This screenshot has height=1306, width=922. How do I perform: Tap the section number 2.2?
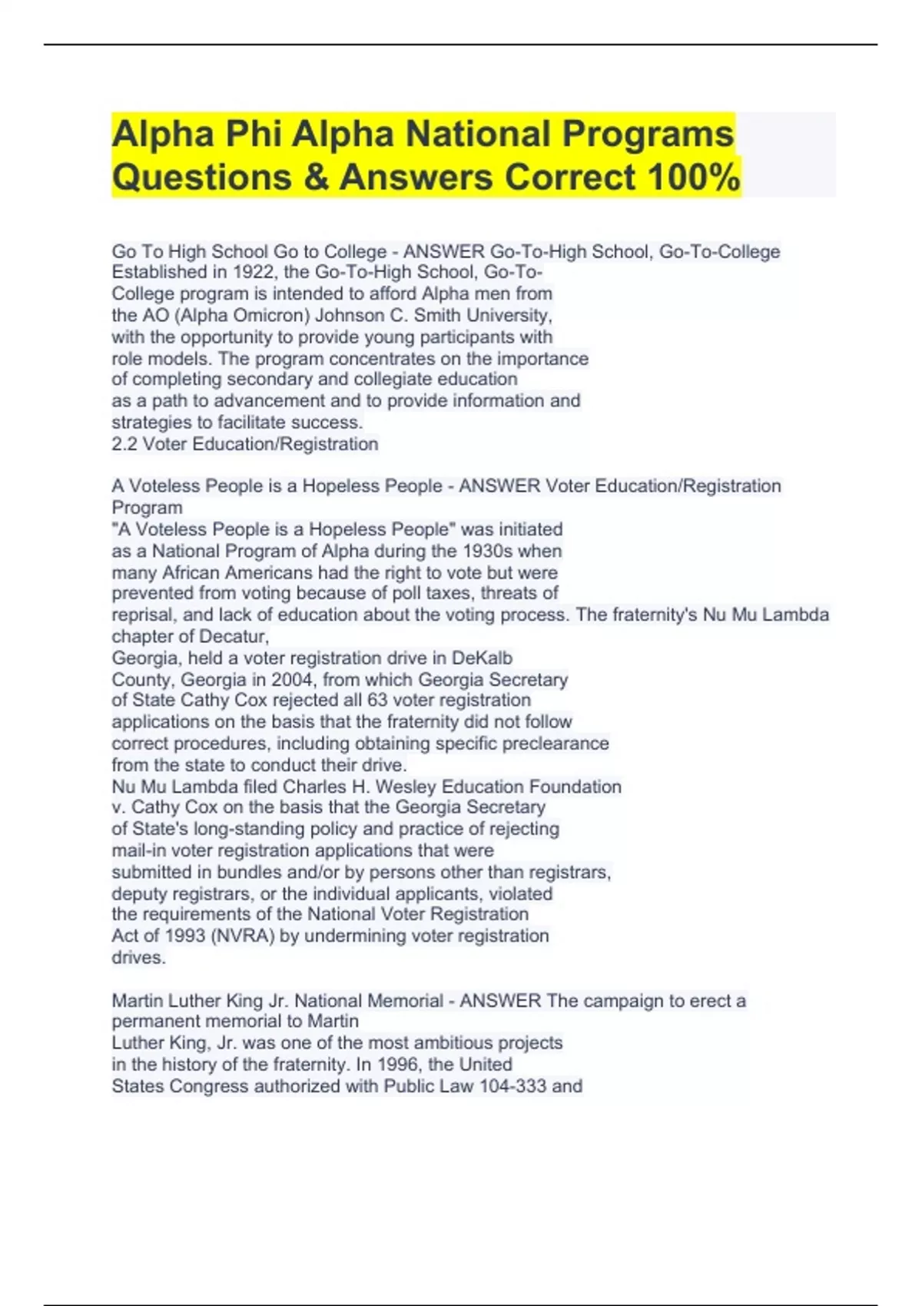[124, 444]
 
